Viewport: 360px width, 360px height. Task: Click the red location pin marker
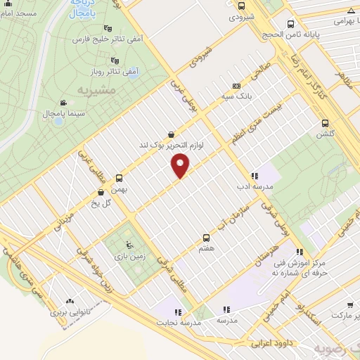point(181,166)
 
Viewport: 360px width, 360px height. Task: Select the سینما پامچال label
point(44,113)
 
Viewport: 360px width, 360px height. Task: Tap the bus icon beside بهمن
point(118,178)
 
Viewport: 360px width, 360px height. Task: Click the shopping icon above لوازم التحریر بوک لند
point(172,134)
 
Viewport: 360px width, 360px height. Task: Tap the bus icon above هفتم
point(206,238)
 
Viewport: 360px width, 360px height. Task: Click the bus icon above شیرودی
point(236,4)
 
